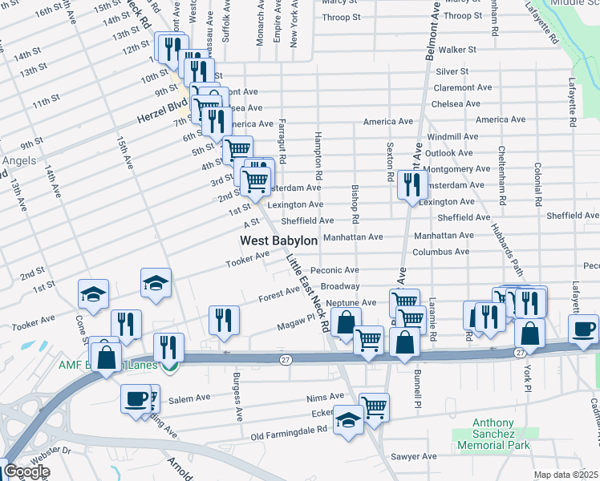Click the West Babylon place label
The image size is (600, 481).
pyautogui.click(x=279, y=240)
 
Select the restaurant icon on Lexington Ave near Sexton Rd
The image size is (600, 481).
pyautogui.click(x=409, y=186)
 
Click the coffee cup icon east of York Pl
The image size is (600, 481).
pyautogui.click(x=583, y=328)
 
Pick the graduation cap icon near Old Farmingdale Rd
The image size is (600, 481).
pyautogui.click(x=348, y=420)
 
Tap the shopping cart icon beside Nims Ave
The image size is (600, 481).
pyautogui.click(x=374, y=406)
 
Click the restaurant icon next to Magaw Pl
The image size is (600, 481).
pyautogui.click(x=224, y=320)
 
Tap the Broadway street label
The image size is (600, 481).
pyautogui.click(x=339, y=286)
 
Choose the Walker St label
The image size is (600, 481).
pyautogui.click(x=457, y=50)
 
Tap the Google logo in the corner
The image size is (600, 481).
pyautogui.click(x=26, y=471)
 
